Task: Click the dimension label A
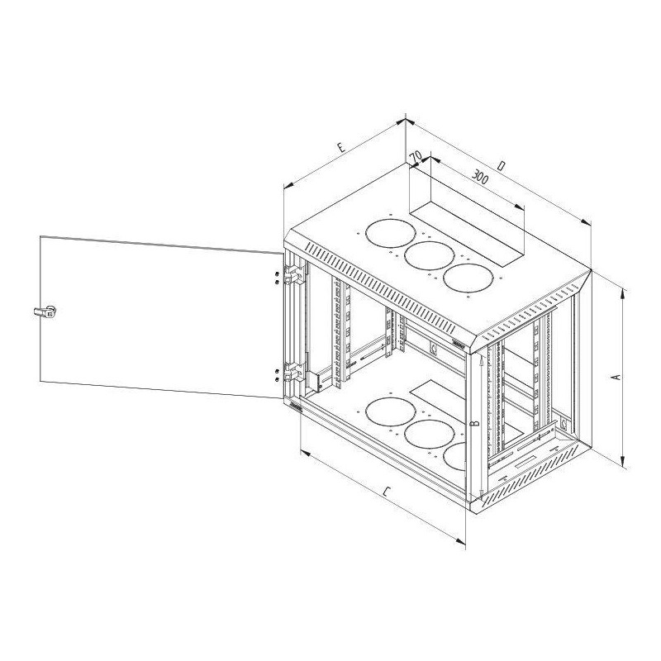616,377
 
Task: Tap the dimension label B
475,423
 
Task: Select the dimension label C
387,491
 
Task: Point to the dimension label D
501,166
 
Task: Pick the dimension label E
341,148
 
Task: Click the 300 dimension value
479,177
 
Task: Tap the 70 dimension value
416,156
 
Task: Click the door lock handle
45,312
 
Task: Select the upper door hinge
294,274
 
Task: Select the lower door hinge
294,372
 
